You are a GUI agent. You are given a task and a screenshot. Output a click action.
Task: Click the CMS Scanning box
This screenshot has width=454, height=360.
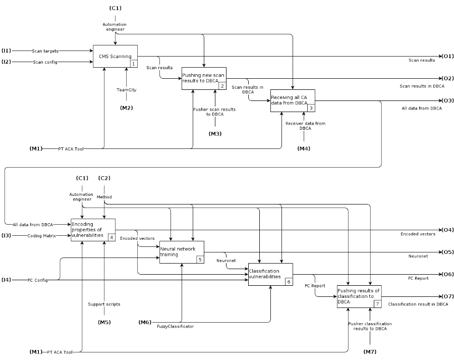coord(115,56)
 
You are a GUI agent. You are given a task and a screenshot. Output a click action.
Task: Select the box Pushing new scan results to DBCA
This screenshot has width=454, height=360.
coord(204,78)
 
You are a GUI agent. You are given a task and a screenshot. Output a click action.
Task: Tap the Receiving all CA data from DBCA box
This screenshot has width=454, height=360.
coord(293,100)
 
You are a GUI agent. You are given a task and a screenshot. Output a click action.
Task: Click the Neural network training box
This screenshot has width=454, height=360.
coord(182,252)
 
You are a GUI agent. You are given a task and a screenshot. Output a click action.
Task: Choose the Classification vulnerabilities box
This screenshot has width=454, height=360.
coord(270,274)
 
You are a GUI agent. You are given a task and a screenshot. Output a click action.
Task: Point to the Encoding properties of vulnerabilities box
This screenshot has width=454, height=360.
coord(93,230)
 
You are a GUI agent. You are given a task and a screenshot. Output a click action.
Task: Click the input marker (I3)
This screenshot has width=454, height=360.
coord(7,235)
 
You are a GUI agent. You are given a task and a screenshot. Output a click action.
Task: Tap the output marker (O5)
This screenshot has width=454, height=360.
coord(447,252)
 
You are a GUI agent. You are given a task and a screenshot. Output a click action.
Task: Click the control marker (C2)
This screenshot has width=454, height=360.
coord(104,178)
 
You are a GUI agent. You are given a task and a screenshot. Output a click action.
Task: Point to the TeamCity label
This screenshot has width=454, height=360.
coord(126,90)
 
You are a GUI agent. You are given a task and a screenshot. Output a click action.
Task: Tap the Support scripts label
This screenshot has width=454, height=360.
coord(104,304)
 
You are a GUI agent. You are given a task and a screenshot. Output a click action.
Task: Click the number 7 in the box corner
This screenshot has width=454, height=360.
coord(377,304)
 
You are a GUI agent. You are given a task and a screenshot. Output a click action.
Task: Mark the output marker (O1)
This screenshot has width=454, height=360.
coord(447,56)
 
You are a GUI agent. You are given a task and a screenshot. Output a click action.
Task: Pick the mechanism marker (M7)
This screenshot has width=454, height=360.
coord(370,351)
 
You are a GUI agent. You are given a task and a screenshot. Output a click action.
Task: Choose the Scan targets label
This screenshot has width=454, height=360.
coord(45,51)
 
